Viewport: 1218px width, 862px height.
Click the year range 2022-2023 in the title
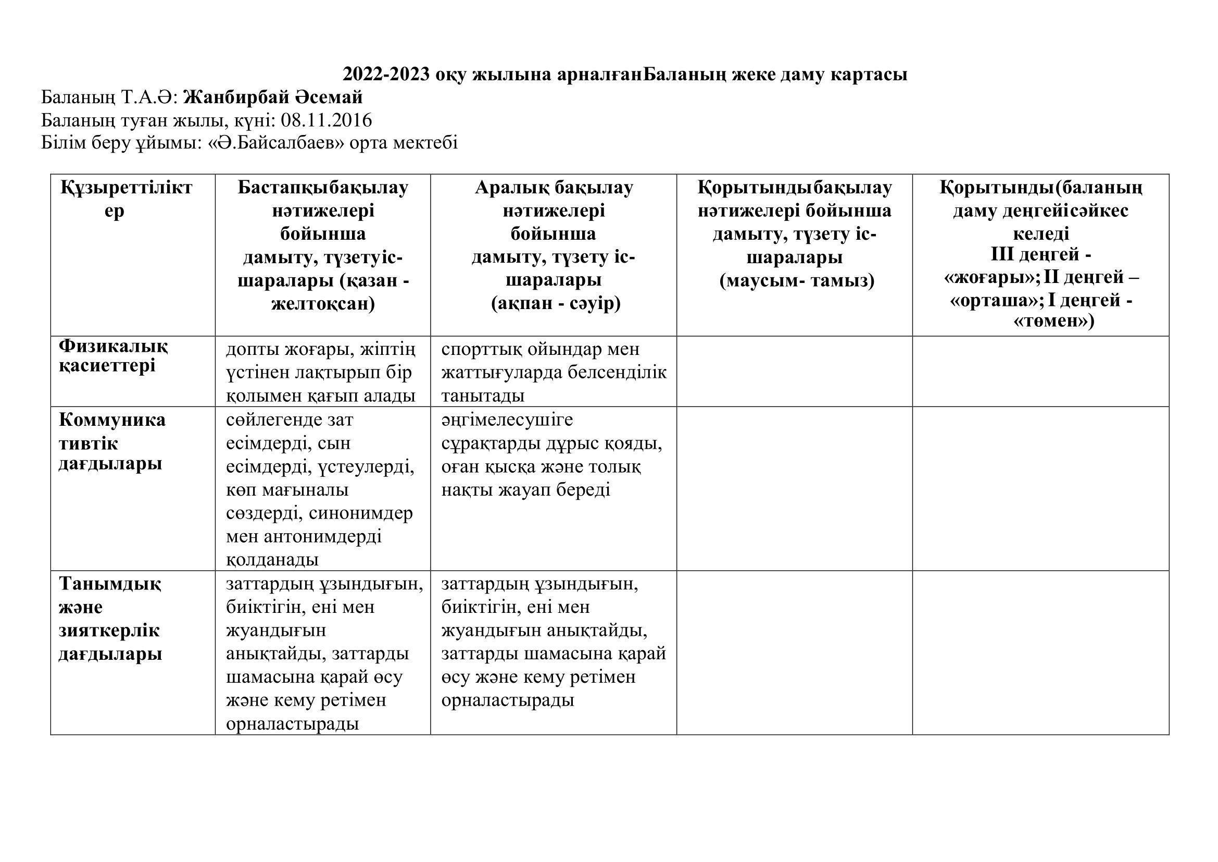(386, 75)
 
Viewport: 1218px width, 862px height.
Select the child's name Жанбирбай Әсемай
(273, 97)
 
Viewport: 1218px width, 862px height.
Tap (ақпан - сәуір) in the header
(556, 304)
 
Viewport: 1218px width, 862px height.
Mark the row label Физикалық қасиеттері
(113, 356)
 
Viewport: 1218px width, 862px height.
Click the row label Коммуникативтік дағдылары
(111, 441)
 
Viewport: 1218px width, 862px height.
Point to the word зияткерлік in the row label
(109, 631)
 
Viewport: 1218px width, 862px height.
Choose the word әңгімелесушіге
(507, 420)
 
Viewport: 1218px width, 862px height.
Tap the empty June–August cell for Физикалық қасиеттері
(794, 371)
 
